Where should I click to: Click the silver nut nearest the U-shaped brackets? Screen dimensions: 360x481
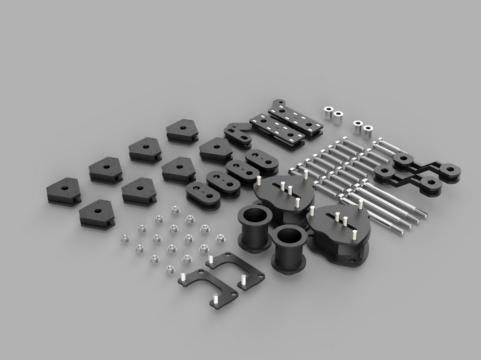pyautogui.click(x=171, y=268)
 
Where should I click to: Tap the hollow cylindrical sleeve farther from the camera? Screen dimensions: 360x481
pyautogui.click(x=255, y=216)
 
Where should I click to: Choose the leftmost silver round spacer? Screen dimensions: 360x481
pyautogui.click(x=328, y=109)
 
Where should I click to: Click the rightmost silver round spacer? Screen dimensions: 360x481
pyautogui.click(x=368, y=129)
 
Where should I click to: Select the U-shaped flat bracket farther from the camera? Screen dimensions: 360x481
pyautogui.click(x=237, y=267)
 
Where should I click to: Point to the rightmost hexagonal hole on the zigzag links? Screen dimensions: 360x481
pyautogui.click(x=451, y=170)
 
